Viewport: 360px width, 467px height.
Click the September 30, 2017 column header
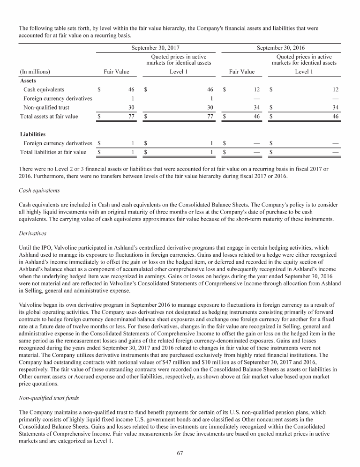[x=155, y=48]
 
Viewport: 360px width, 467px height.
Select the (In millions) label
[x=35, y=72]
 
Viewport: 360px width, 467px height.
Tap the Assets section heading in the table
[x=29, y=81]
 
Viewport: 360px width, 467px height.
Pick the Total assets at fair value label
[x=49, y=116]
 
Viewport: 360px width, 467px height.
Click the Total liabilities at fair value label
[x=53, y=152]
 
